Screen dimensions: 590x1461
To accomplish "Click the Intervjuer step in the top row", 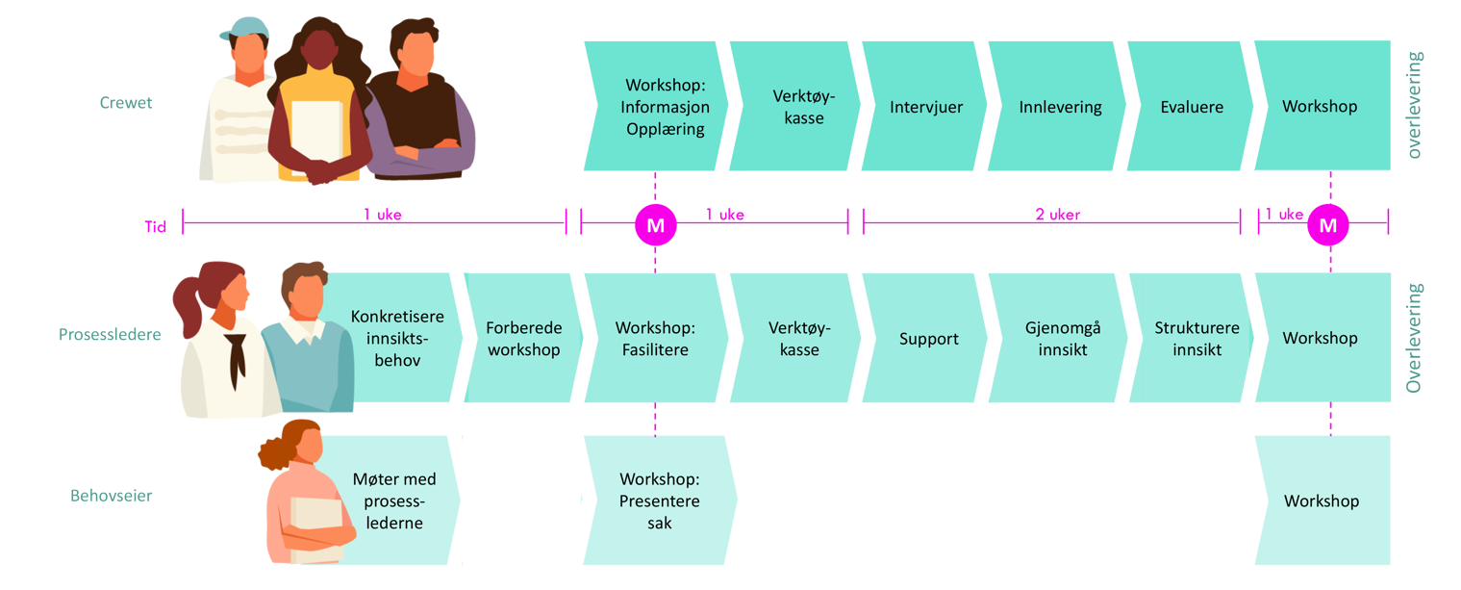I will pos(925,107).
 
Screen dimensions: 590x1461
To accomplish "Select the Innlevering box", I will pos(1060,107).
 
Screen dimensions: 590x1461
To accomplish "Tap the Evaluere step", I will pos(1191,107).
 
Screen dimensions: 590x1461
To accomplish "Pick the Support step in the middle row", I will pos(928,339).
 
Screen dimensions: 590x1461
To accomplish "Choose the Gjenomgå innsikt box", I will pos(1062,339).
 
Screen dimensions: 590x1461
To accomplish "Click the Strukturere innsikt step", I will pos(1197,339).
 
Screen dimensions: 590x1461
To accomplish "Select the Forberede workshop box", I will pos(522,339).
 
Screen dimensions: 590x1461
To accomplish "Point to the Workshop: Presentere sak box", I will pos(659,500).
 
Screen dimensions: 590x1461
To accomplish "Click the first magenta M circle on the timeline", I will pos(655,225).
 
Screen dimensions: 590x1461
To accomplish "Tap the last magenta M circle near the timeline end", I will pos(1328,225).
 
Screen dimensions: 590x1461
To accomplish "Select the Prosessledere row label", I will pos(109,335).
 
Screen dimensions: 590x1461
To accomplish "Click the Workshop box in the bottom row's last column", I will pos(1322,500).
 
